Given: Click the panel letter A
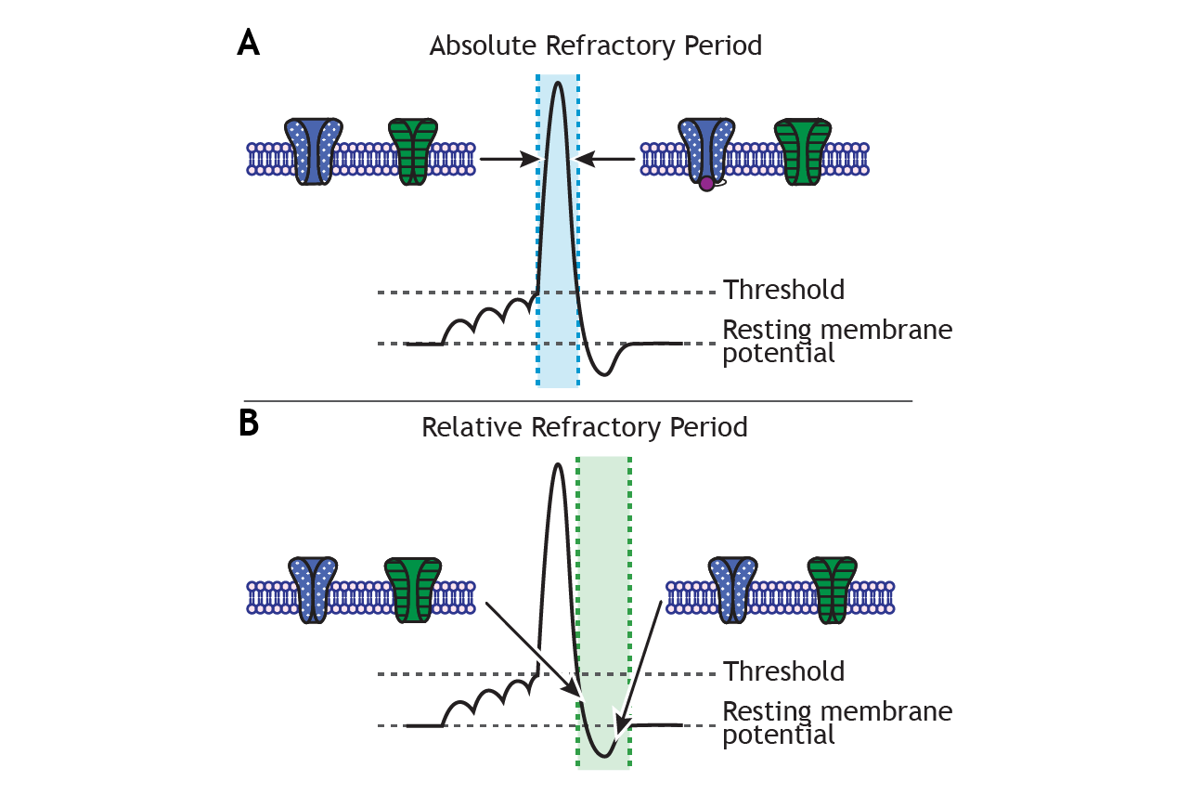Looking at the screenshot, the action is click(248, 43).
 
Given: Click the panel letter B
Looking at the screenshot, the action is click(249, 423).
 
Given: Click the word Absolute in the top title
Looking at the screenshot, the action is click(483, 46).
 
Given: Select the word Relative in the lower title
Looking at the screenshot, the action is click(472, 427).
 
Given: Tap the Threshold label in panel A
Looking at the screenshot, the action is click(783, 290).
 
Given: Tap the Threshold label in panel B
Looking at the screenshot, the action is click(783, 671).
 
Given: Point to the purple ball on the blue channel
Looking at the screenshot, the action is click(706, 184).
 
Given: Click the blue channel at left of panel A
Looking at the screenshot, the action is click(313, 152).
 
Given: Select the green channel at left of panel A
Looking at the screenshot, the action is click(413, 152).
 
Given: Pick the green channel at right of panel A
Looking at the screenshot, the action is click(803, 152).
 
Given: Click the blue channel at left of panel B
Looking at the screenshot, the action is click(313, 590).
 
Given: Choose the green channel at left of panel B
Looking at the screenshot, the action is click(413, 590).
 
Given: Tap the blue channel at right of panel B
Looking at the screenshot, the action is click(733, 590).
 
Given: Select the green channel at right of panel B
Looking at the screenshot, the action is click(833, 590).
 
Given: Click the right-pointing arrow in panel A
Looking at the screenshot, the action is click(510, 159).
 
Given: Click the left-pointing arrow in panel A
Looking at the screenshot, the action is click(605, 159).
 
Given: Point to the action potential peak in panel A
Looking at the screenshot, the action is click(558, 83).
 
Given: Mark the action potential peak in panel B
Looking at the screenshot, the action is click(558, 464).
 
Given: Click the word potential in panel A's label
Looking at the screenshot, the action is click(779, 354).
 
